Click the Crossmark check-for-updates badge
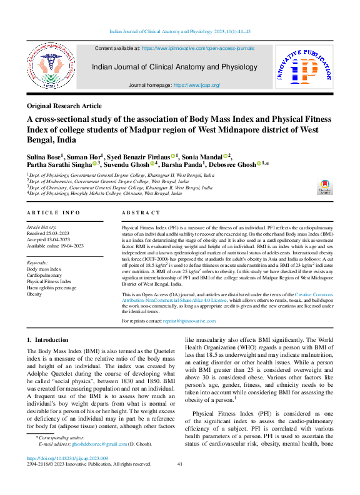tap(326, 186)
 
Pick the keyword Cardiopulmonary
tap(44, 275)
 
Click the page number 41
tap(180, 481)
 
